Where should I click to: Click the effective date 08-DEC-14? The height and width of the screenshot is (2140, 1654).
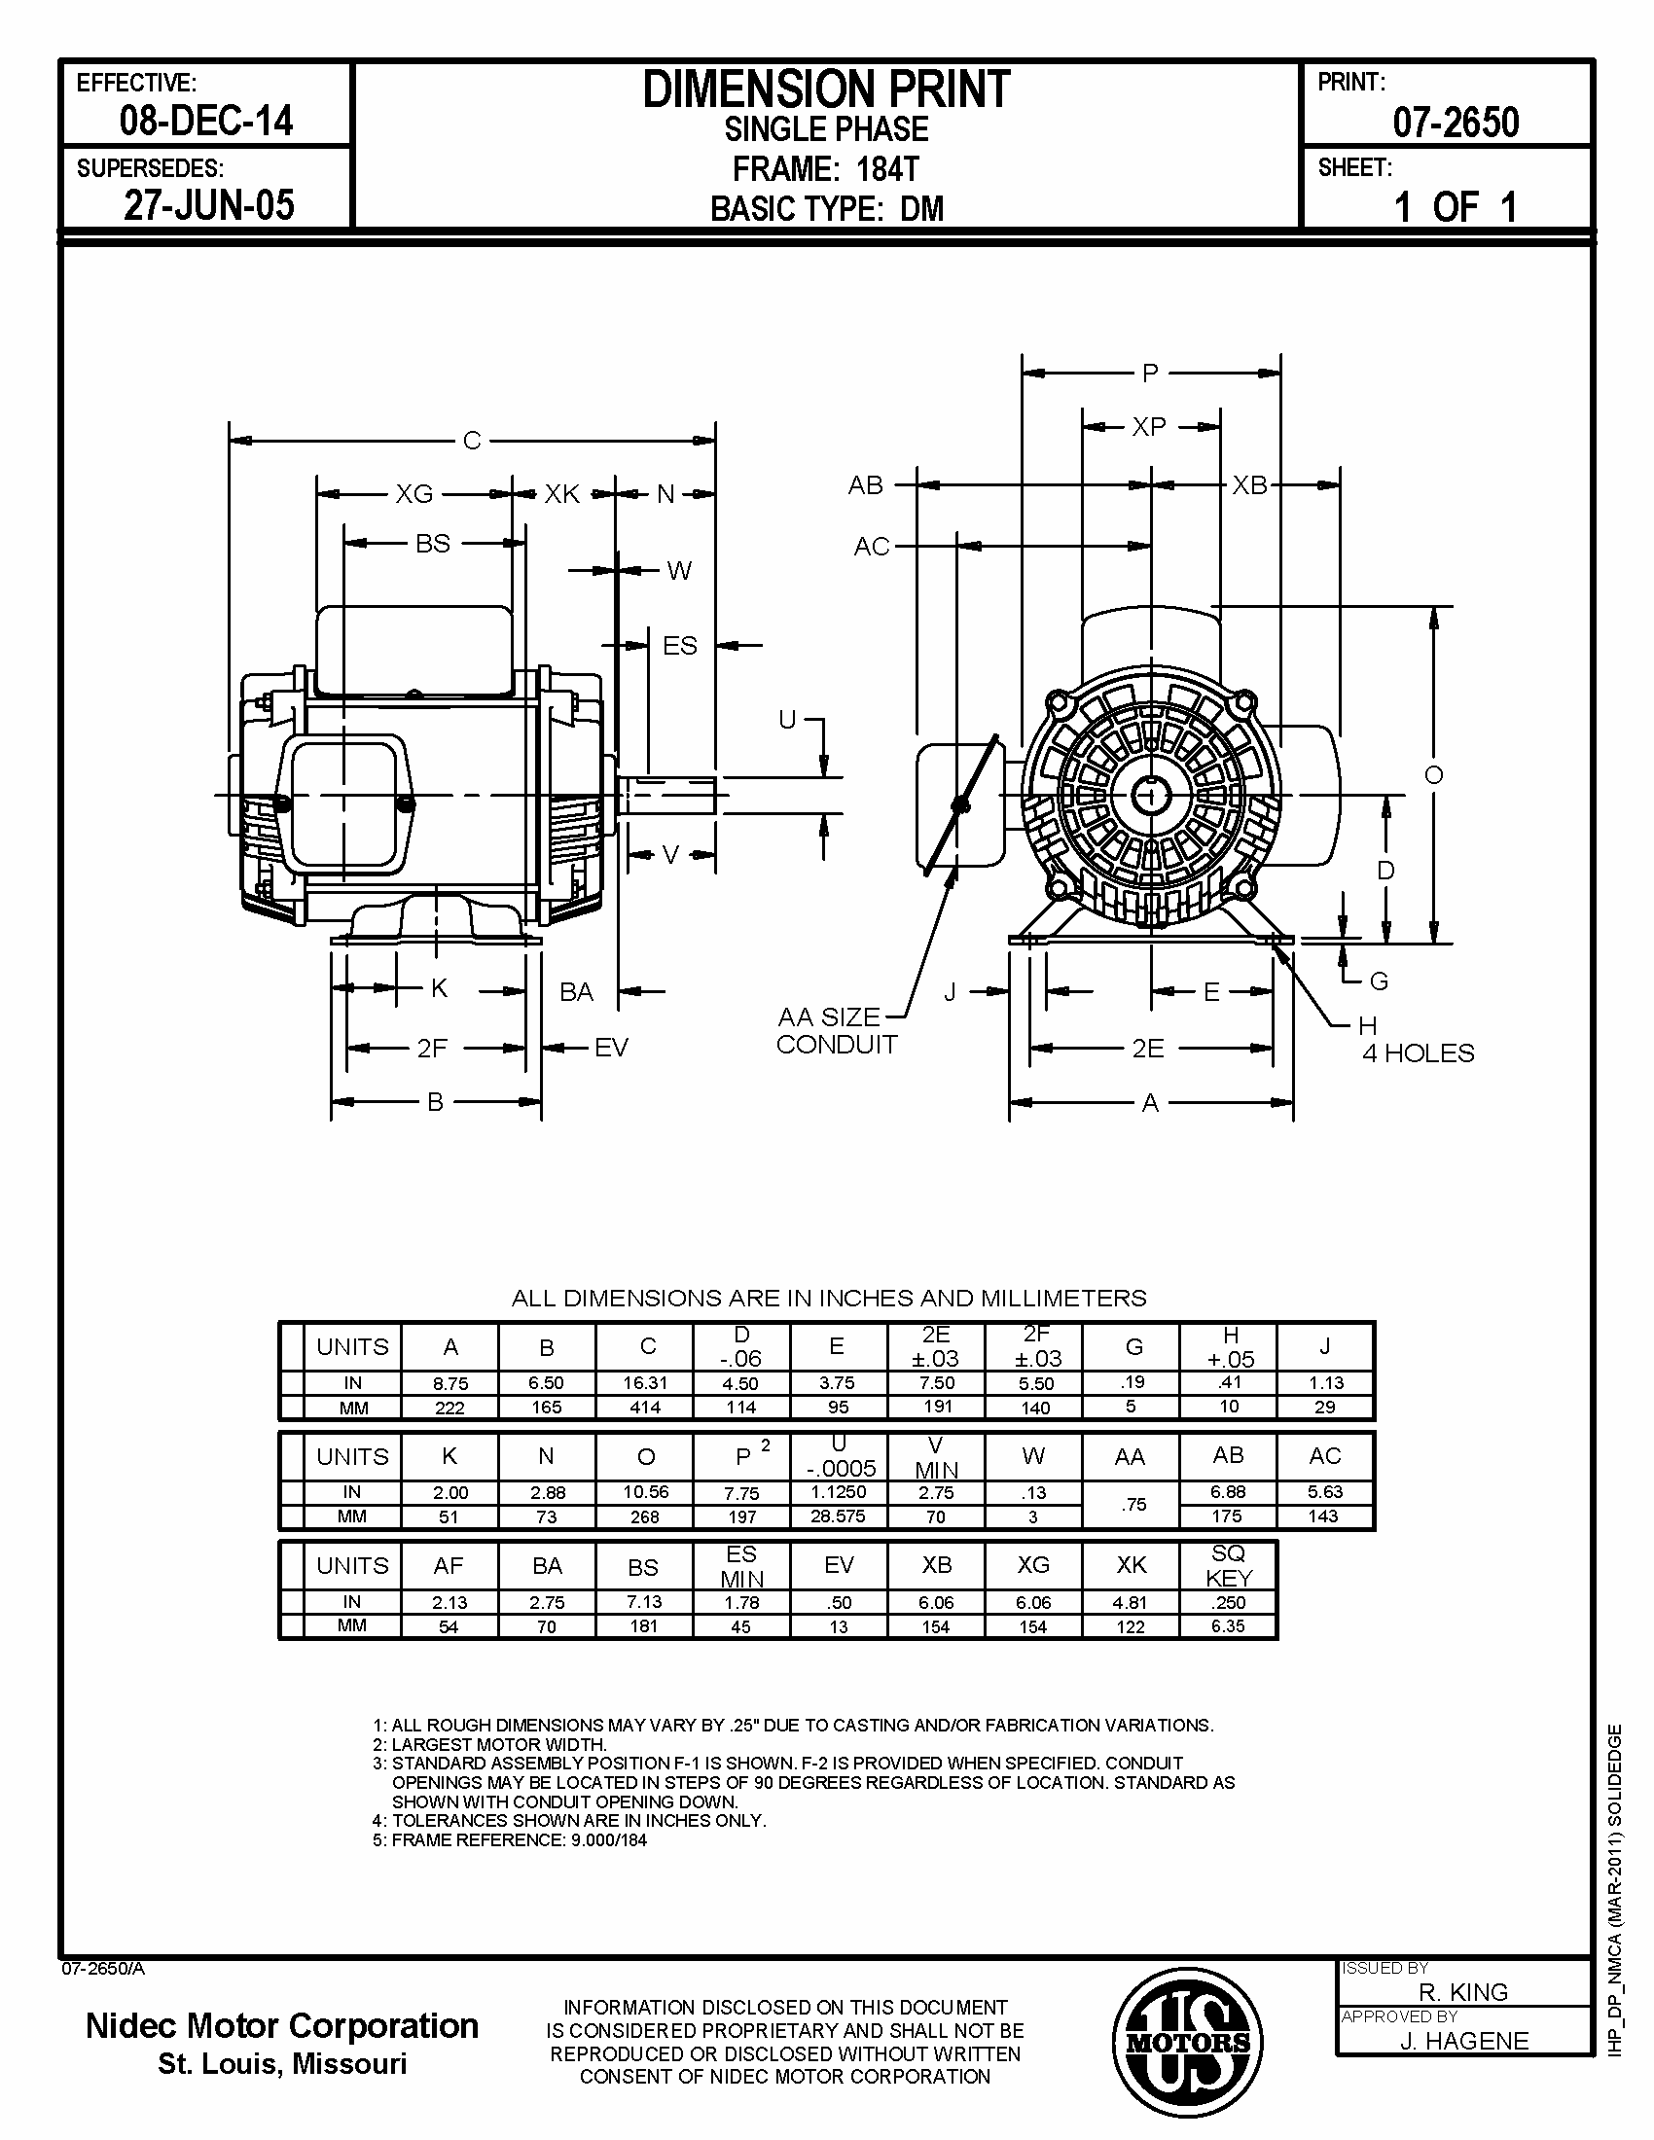(205, 121)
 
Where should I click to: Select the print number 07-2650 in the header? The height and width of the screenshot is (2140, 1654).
(1456, 123)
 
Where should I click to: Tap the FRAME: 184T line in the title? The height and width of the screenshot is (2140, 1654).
(826, 168)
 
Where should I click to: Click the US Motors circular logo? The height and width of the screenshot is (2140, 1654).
(1187, 2043)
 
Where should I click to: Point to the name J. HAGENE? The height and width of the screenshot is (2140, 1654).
(1463, 2040)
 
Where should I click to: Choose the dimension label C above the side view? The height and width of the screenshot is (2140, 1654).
(471, 441)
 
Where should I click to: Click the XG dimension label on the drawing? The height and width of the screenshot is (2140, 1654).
(414, 494)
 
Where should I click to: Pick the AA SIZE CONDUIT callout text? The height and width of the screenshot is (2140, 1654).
(836, 1031)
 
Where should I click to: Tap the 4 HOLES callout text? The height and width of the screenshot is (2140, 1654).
(1418, 1053)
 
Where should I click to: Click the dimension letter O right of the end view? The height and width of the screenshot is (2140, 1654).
(1433, 775)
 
